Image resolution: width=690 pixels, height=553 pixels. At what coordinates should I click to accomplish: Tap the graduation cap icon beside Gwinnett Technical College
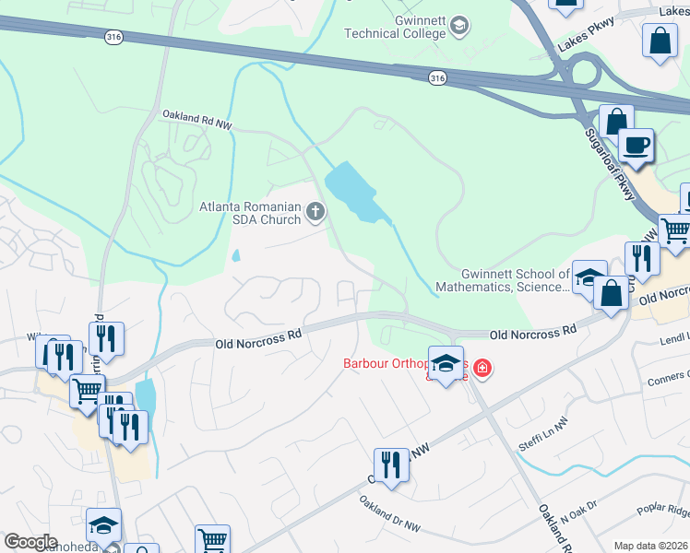point(458,26)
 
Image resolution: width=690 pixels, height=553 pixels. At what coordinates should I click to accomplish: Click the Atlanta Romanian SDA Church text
point(250,213)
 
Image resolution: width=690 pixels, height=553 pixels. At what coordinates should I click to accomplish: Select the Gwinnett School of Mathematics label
point(515,280)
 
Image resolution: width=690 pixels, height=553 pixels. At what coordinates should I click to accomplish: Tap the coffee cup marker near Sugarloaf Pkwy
point(635,146)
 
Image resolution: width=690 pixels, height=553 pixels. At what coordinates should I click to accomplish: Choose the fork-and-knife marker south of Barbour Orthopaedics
point(391,465)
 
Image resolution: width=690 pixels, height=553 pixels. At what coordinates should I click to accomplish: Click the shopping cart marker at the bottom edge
point(212,540)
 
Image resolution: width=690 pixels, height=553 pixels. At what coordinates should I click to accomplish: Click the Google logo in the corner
point(31,542)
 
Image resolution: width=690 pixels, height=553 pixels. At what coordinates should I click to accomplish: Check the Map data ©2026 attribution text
point(650,546)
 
